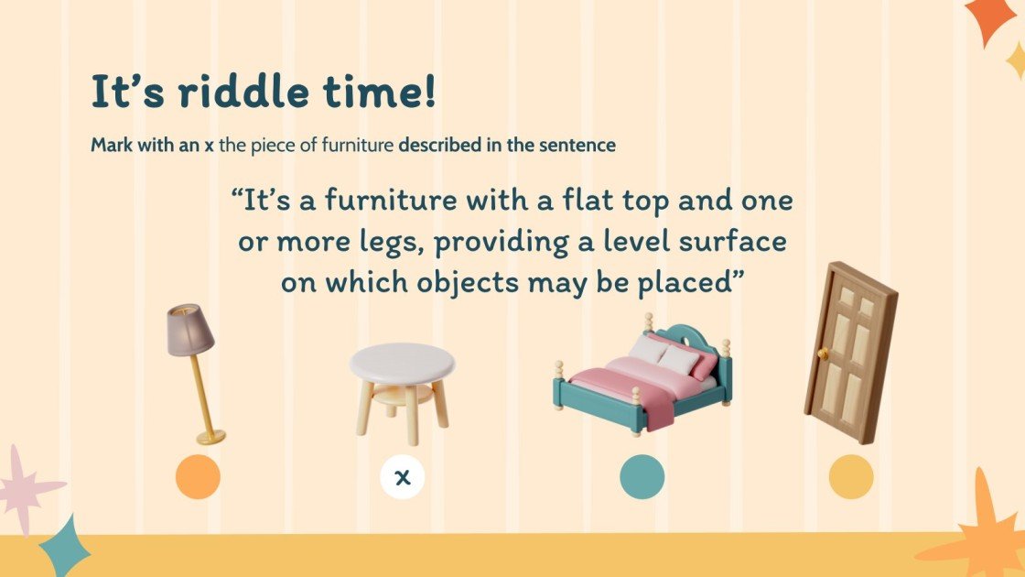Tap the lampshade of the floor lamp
click(189, 331)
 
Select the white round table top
click(402, 363)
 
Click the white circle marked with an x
click(402, 477)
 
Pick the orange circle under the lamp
click(198, 477)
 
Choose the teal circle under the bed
click(642, 477)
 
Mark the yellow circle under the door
click(851, 477)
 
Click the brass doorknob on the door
click(822, 354)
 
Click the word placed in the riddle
click(681, 283)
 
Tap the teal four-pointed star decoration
click(65, 544)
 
